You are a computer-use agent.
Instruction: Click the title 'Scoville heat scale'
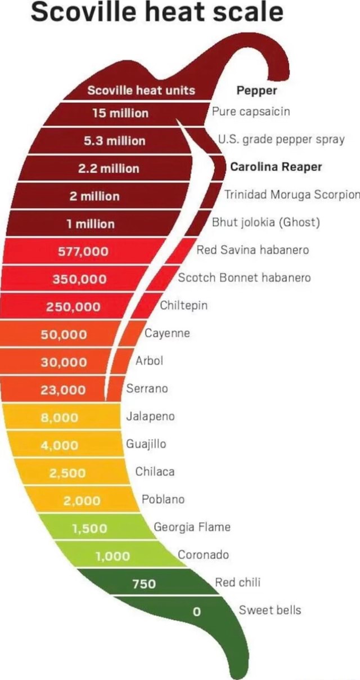coord(157,12)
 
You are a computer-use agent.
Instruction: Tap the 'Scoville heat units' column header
coord(141,90)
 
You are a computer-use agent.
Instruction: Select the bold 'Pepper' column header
coord(256,90)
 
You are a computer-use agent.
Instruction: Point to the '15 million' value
coord(120,113)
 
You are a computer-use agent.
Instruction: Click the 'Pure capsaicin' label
coord(251,111)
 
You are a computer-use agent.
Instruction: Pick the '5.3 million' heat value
coord(115,141)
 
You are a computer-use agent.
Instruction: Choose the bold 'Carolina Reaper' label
coord(276,167)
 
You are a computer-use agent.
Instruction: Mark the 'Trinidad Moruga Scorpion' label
coord(292,195)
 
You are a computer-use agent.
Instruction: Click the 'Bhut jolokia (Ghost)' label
coord(266,222)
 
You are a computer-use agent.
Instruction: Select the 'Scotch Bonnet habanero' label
coord(244,277)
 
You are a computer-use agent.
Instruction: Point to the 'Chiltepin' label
coord(184,306)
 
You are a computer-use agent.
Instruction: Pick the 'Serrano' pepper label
coord(147,388)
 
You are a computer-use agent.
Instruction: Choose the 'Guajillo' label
coord(146,444)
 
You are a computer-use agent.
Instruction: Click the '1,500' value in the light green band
coord(93,528)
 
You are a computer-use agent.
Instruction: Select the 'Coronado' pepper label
coord(204,554)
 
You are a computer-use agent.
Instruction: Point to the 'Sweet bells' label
coord(270,610)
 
